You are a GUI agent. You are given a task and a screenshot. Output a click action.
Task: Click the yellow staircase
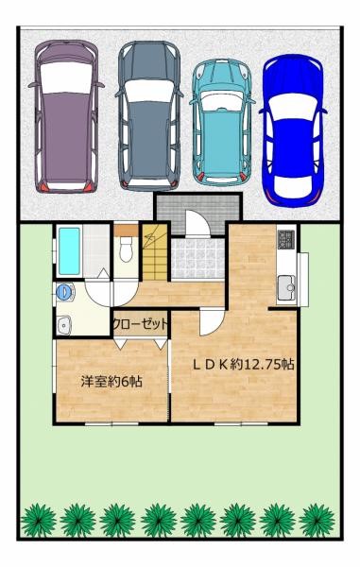153,249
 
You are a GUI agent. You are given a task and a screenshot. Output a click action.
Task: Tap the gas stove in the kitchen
285,242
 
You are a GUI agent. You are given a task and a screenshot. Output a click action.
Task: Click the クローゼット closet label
141,324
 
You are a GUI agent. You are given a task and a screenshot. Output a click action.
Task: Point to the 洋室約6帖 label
111,383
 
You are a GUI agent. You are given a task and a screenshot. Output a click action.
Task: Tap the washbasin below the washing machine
64,326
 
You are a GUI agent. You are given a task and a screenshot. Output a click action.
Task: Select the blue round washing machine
64,292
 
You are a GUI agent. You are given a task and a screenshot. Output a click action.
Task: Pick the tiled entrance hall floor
197,254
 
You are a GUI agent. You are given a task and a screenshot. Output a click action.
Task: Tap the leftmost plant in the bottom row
38,519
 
